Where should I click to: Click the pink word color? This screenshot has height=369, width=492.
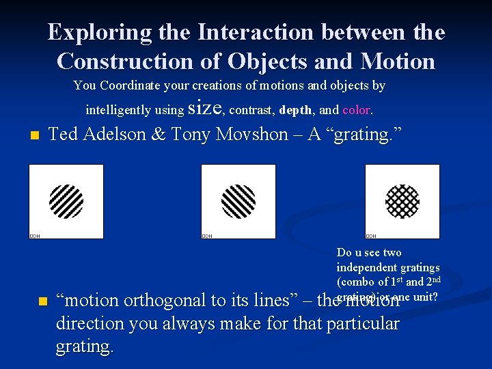click(x=356, y=109)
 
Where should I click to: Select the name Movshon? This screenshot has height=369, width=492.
click(x=250, y=134)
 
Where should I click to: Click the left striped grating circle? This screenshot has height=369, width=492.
click(x=66, y=201)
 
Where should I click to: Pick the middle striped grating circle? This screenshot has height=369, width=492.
click(x=238, y=201)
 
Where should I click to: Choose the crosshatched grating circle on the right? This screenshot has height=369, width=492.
click(x=402, y=201)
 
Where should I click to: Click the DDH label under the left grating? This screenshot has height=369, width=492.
click(x=35, y=236)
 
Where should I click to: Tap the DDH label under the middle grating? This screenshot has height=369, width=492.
click(x=207, y=236)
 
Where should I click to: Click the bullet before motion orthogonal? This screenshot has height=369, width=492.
click(x=42, y=301)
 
